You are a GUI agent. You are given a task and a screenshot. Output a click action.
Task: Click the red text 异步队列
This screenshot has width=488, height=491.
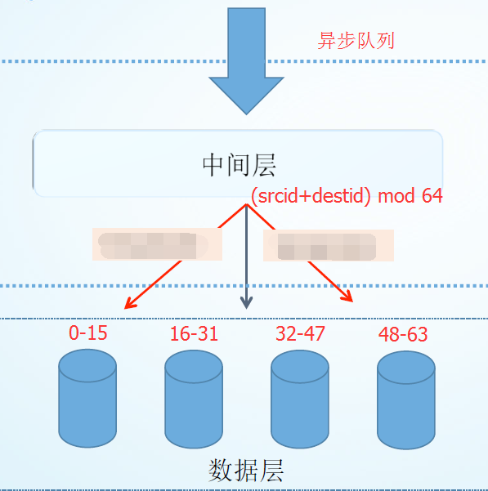[x=356, y=40]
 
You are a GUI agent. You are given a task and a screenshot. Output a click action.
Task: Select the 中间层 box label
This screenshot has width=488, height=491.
[x=239, y=165]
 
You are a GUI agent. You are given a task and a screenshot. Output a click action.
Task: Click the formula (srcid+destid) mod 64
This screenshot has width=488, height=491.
[x=347, y=196]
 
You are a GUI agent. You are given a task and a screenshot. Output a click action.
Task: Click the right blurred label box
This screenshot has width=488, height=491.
[x=327, y=246]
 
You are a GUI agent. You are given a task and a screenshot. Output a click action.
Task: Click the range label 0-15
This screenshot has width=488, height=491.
[x=88, y=333]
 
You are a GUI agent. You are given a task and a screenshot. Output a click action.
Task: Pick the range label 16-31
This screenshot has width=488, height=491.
[x=194, y=334]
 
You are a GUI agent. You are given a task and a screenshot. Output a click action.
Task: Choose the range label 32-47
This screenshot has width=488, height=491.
[x=299, y=333]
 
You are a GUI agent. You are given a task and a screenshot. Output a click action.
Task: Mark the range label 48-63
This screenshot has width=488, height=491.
[x=403, y=334]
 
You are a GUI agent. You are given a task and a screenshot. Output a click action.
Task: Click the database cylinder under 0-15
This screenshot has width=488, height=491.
[x=87, y=400]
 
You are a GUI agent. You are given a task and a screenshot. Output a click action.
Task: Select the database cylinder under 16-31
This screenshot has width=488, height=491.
[x=194, y=400]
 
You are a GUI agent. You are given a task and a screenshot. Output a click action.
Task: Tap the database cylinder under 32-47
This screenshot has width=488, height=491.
[x=299, y=400]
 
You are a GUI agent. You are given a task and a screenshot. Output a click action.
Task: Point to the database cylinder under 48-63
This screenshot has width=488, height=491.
[x=405, y=400]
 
